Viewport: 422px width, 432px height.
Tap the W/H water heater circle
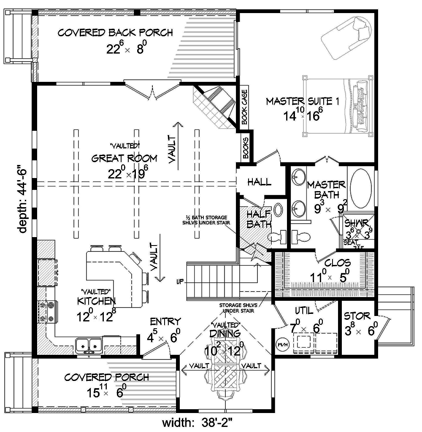281,344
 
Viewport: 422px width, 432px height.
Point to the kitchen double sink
89,346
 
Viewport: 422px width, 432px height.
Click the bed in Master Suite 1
338,105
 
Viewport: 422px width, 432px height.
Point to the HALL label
259,182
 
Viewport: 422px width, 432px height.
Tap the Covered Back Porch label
115,33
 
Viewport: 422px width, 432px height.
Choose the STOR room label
357,316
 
